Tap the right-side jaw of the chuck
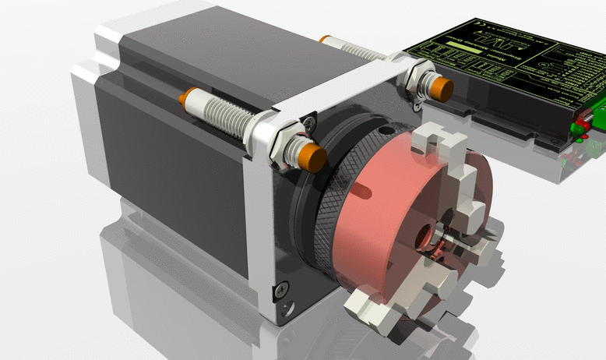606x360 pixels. click(476, 249)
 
